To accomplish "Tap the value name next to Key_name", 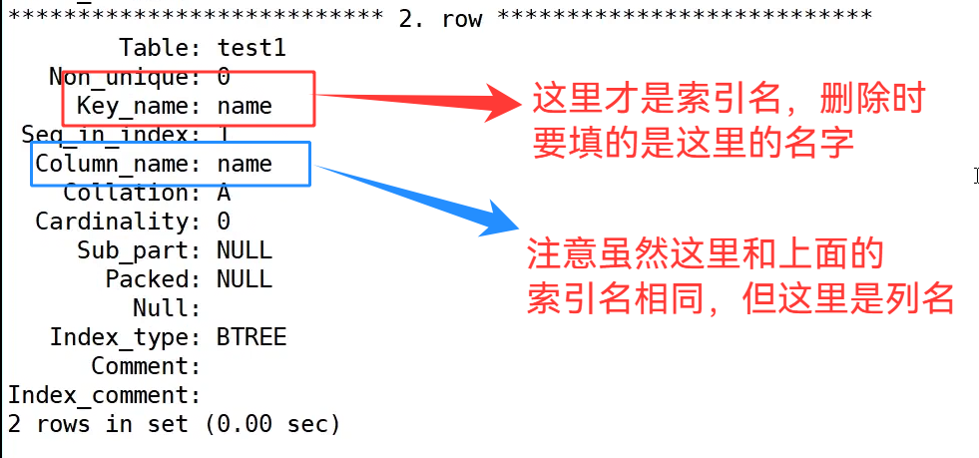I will click(x=245, y=106).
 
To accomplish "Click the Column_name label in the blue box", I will click(x=112, y=164).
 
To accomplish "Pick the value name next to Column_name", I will click(x=245, y=164).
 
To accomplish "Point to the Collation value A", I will click(x=224, y=193).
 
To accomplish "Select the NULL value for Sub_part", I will click(x=245, y=250).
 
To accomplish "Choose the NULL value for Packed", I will click(x=245, y=279).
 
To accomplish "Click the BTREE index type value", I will click(x=251, y=337).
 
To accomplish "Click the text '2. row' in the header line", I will click(x=440, y=18).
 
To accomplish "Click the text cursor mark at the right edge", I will click(x=975, y=176).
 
